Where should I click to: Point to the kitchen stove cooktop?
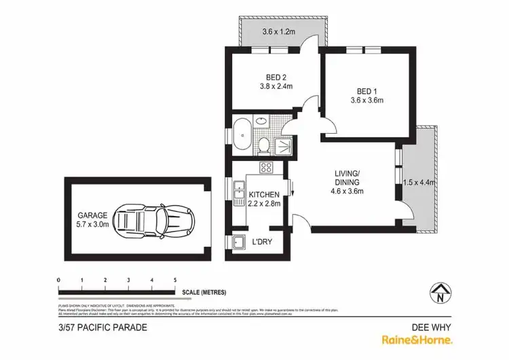[266, 168]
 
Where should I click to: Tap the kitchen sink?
[239, 194]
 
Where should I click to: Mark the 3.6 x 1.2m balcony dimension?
[283, 31]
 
